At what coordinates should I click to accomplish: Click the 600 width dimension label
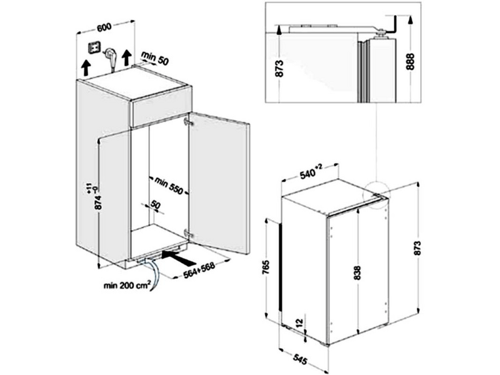(x=104, y=27)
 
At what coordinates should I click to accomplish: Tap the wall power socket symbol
(x=94, y=48)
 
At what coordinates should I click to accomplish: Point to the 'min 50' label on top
(x=154, y=58)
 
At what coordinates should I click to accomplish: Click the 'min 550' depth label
(x=169, y=185)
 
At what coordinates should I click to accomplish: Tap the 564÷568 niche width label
(x=199, y=270)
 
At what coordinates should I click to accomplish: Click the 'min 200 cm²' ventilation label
(x=127, y=285)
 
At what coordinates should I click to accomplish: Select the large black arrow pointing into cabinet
(x=179, y=258)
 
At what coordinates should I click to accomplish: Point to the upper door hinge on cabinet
(x=189, y=122)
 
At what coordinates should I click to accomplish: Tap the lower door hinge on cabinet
(x=189, y=233)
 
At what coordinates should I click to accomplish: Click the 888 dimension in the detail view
(x=411, y=61)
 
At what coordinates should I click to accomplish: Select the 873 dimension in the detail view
(x=279, y=68)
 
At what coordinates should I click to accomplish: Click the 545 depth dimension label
(x=300, y=359)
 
